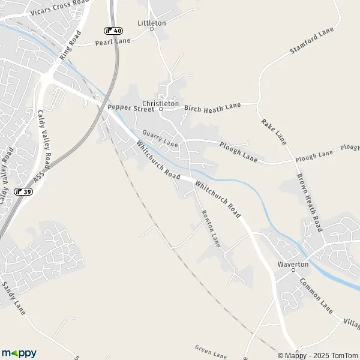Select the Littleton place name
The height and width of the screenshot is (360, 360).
click(152, 23)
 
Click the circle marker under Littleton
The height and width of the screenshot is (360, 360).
click(152, 29)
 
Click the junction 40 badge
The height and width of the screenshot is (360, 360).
click(113, 31)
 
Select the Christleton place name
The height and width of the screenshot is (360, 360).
click(161, 103)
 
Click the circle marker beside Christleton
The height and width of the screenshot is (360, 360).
click(161, 110)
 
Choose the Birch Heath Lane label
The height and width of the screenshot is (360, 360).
click(212, 107)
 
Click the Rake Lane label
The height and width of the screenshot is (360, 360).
click(274, 131)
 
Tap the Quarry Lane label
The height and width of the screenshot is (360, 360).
click(160, 140)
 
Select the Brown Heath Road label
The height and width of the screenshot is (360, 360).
click(310, 202)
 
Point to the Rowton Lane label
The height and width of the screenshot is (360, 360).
click(211, 229)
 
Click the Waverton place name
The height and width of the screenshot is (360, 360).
click(293, 264)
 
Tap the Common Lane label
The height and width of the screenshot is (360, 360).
click(316, 296)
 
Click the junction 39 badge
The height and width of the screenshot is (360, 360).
click(23, 191)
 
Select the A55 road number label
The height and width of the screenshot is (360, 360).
click(40, 178)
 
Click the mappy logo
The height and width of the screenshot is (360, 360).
click(19, 353)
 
